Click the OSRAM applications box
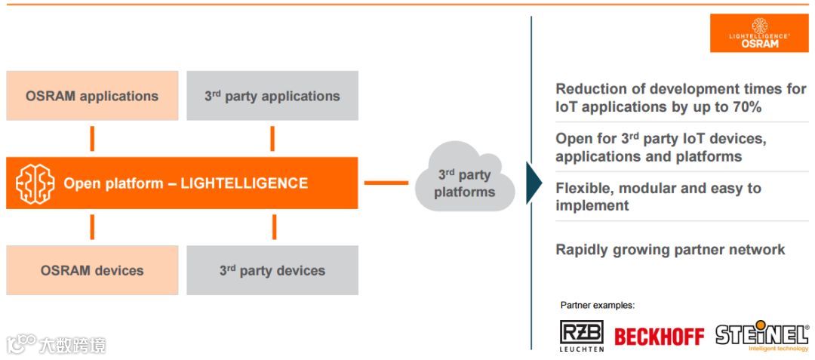pyautogui.click(x=92, y=96)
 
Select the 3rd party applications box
pyautogui.click(x=272, y=96)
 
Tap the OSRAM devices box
pyautogui.click(x=92, y=270)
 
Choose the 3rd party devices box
pyautogui.click(x=272, y=270)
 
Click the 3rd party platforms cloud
pyautogui.click(x=464, y=183)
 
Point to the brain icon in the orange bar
pyautogui.click(x=35, y=183)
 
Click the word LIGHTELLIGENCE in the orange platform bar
pyautogui.click(x=244, y=183)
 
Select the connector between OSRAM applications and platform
pyautogui.click(x=92, y=139)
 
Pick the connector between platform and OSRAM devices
pyautogui.click(x=92, y=226)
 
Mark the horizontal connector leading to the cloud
pyautogui.click(x=386, y=183)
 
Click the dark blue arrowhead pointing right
pyautogui.click(x=534, y=183)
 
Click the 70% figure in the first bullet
pyautogui.click(x=741, y=107)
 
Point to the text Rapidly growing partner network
pyautogui.click(x=670, y=250)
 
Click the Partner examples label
pyautogui.click(x=597, y=306)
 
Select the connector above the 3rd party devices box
pyautogui.click(x=273, y=226)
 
